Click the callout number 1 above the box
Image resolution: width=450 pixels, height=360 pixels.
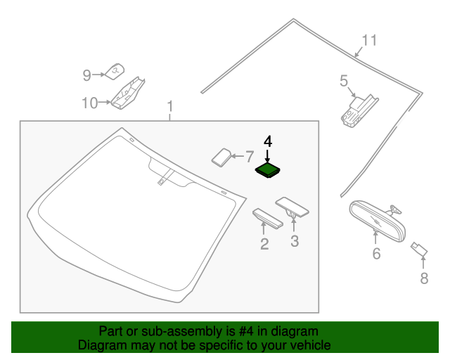coord(169,107)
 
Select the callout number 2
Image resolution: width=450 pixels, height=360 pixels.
coord(264,244)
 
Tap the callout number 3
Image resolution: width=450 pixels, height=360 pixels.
coord(295,241)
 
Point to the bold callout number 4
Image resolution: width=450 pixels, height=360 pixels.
coord(267,141)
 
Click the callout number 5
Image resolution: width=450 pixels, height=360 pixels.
coord(344,82)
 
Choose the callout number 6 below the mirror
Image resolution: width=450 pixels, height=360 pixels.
coord(376,253)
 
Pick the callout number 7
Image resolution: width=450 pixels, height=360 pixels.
coord(249,156)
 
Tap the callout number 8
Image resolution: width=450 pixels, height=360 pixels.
coord(423,278)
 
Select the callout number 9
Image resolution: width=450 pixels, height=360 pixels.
coord(87,75)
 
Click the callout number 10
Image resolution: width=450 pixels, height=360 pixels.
coord(89,103)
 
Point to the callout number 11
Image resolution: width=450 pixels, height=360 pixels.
coord(370,40)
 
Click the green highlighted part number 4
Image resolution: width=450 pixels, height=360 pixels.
coord(267,169)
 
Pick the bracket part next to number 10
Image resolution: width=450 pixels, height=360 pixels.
coord(129,93)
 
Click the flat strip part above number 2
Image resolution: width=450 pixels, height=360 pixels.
coord(267,218)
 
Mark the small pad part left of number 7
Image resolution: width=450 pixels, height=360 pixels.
coord(222,157)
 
